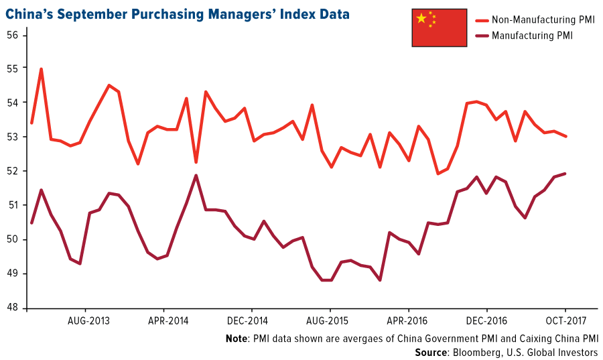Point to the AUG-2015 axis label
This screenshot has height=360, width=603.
tap(328, 321)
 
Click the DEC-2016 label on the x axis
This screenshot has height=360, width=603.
tap(487, 321)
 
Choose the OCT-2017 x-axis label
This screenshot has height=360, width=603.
tap(565, 321)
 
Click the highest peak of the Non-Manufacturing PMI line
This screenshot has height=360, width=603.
tap(42, 68)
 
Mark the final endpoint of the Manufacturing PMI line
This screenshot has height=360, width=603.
tap(565, 174)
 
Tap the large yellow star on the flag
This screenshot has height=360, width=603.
tap(421, 18)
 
